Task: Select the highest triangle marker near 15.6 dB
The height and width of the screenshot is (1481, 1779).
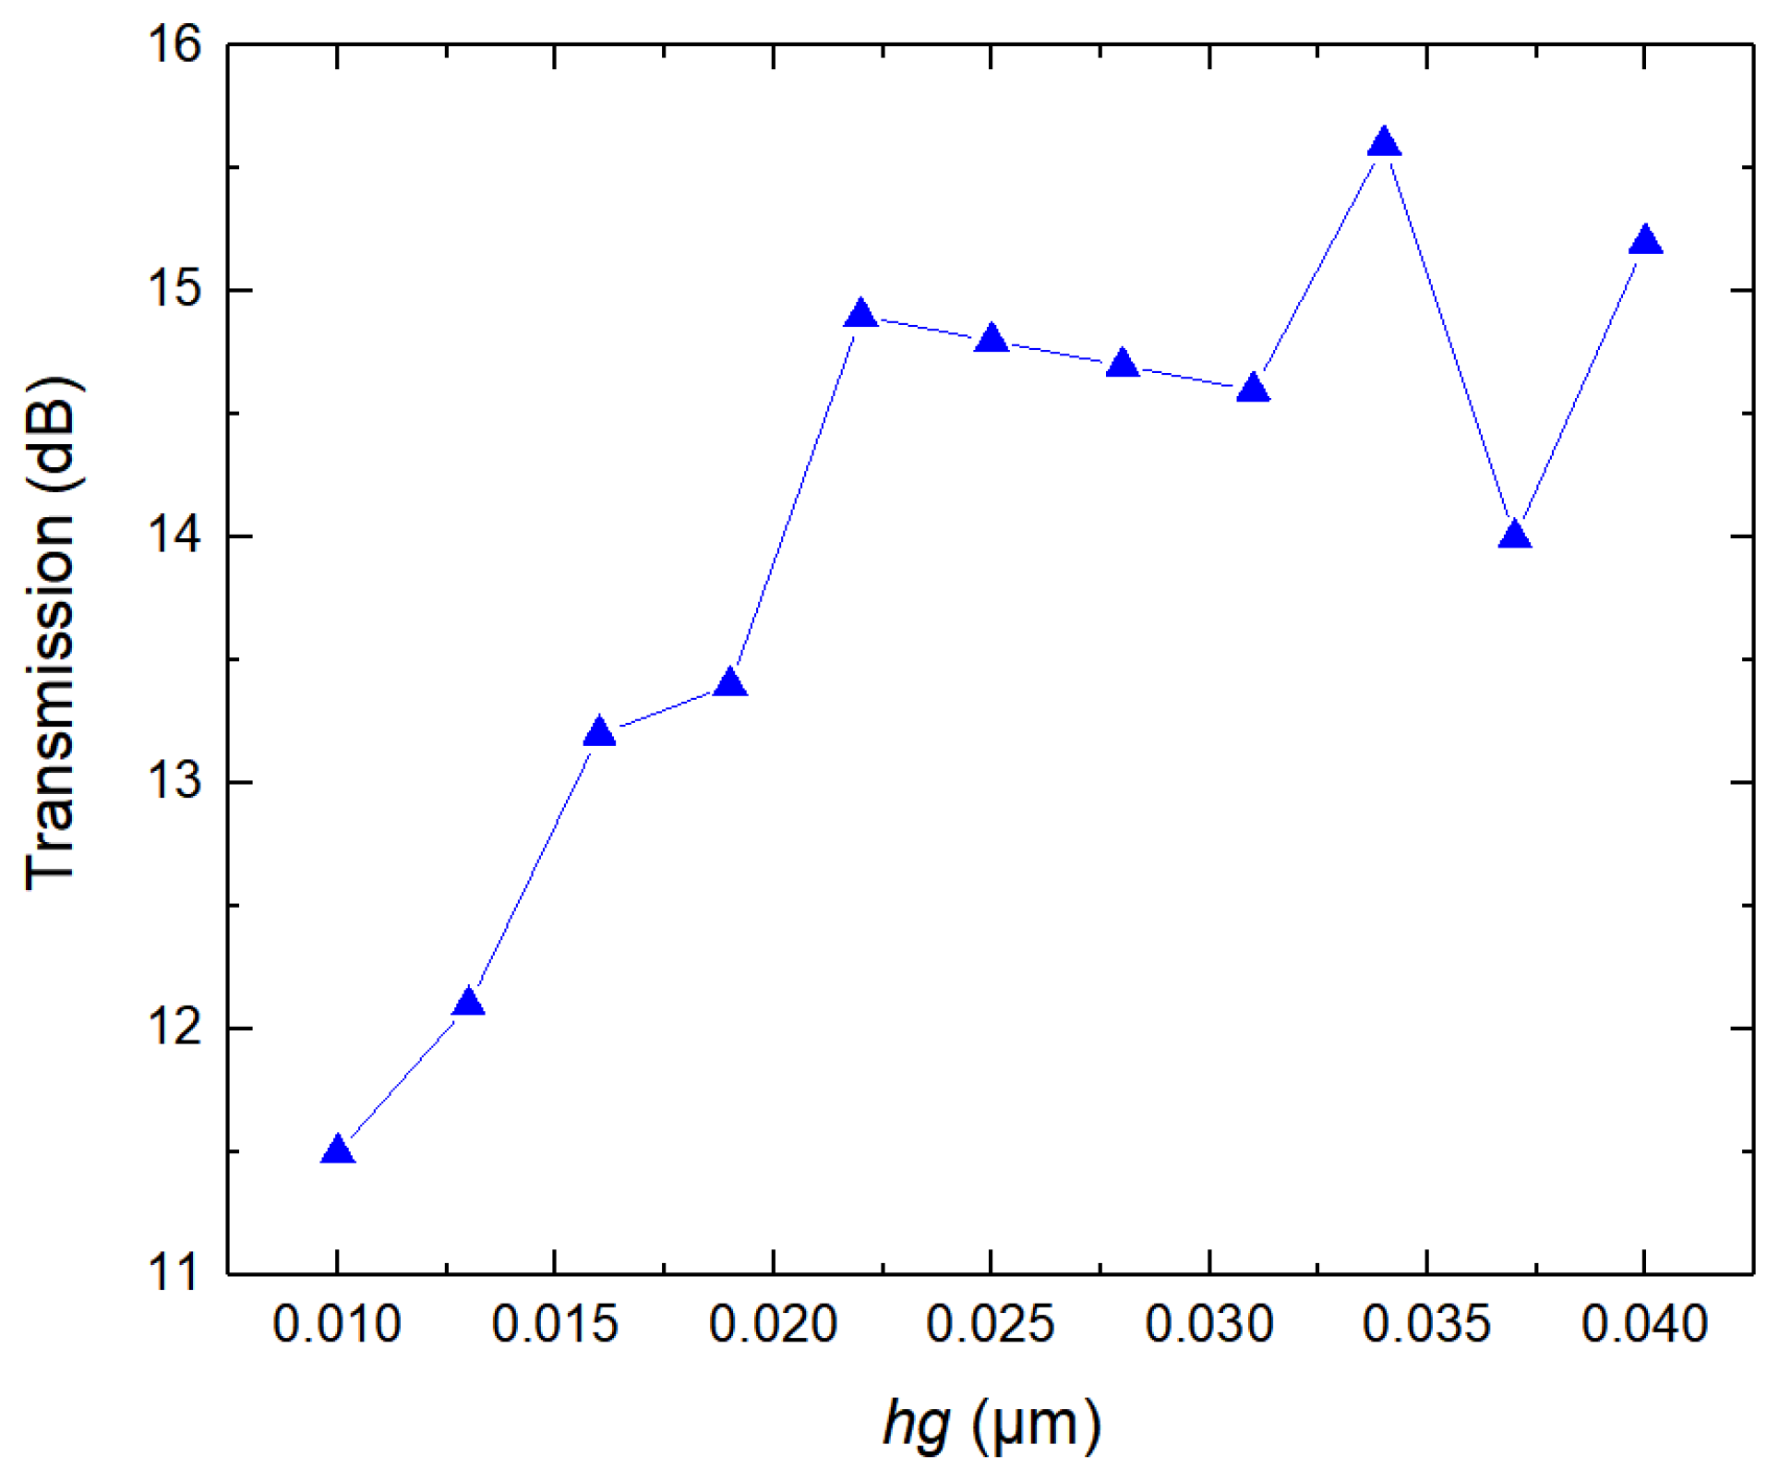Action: (x=1384, y=144)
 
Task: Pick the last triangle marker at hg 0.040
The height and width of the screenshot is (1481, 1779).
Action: (x=1646, y=242)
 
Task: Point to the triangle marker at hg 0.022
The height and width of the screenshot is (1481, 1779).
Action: (x=861, y=316)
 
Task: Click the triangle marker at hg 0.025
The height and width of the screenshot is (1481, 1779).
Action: (x=992, y=340)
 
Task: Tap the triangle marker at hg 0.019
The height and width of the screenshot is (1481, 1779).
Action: (x=730, y=684)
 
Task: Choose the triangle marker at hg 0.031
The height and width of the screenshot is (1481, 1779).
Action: (x=1254, y=389)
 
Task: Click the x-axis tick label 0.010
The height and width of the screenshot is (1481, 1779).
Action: (x=337, y=1324)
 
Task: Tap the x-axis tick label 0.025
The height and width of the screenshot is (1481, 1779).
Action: (x=991, y=1324)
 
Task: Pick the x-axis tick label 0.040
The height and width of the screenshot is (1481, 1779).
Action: (x=1644, y=1324)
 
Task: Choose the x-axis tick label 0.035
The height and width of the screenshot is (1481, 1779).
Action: (x=1426, y=1324)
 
